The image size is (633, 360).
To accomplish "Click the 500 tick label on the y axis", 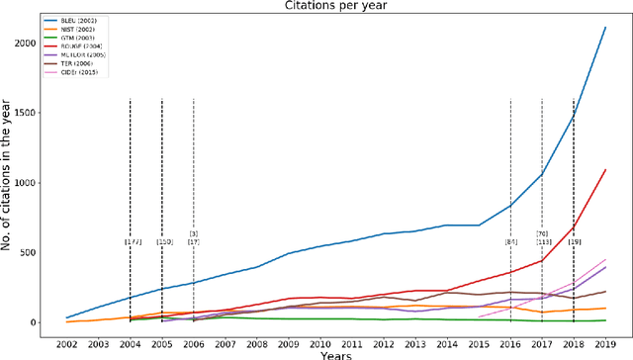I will click(39, 252).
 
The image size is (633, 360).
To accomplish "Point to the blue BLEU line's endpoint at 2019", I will click(604, 28).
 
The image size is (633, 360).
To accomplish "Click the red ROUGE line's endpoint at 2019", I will click(604, 169).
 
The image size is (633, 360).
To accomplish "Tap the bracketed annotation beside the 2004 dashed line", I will click(133, 241).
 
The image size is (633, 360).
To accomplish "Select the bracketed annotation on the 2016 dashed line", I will click(511, 241).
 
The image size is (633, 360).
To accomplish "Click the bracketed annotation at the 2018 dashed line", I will click(575, 241).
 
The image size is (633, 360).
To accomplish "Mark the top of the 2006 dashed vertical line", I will click(194, 100).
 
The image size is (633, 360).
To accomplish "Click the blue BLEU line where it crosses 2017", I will click(542, 175).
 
